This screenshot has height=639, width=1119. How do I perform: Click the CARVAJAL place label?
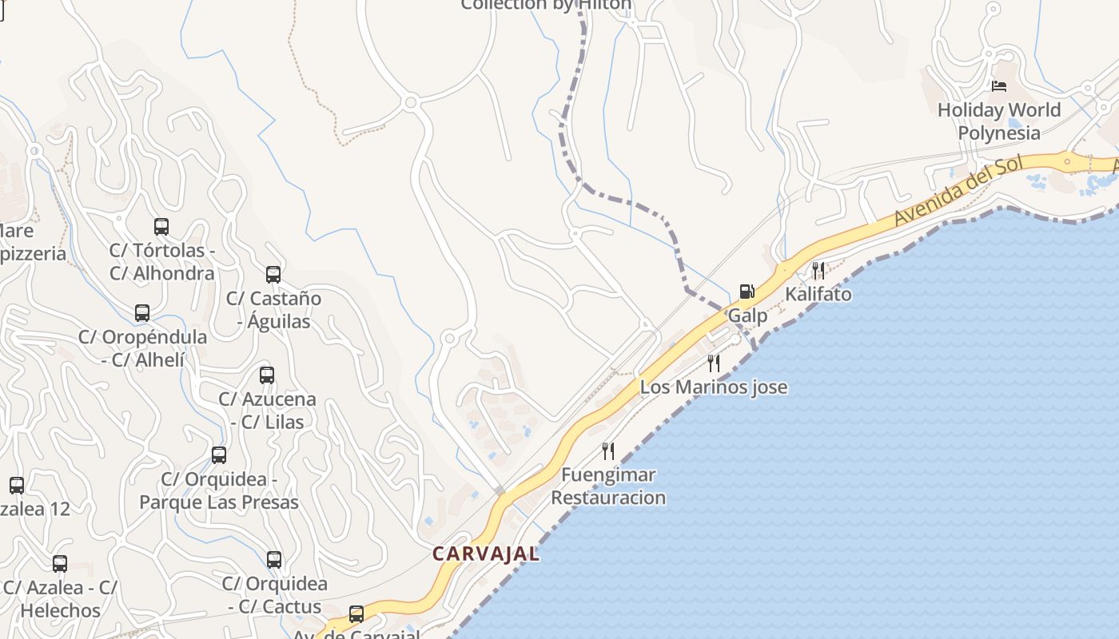pos(486,553)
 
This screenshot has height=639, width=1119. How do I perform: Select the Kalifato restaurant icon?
pos(818,271)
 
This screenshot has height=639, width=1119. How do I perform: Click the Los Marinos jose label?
pos(713,387)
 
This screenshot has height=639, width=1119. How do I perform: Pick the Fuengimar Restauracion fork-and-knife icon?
pos(608,451)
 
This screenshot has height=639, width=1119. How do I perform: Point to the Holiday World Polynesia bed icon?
pos(998,85)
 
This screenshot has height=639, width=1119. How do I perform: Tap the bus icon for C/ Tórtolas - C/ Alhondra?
pos(161,227)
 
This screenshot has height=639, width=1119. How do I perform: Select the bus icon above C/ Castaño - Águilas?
pos(273,275)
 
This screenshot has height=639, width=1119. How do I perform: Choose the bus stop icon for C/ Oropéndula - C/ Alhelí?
pos(142,313)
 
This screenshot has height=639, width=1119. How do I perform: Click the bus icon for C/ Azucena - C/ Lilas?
pos(267,375)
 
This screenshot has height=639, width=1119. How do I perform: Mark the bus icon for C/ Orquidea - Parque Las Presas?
pos(219,455)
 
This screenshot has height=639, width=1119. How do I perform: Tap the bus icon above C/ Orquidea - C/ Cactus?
pos(274,560)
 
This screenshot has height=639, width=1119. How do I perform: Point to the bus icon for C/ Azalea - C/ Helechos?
pos(60,564)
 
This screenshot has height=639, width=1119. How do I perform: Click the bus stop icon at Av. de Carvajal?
pos(356,614)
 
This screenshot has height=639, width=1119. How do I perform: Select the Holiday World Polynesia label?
pos(999,121)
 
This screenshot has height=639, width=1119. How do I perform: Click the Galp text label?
pos(747,316)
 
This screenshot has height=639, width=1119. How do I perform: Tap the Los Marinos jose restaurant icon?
pos(713,364)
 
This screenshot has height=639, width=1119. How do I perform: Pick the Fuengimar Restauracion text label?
pos(608,486)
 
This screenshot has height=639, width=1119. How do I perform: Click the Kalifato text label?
pos(818,294)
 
